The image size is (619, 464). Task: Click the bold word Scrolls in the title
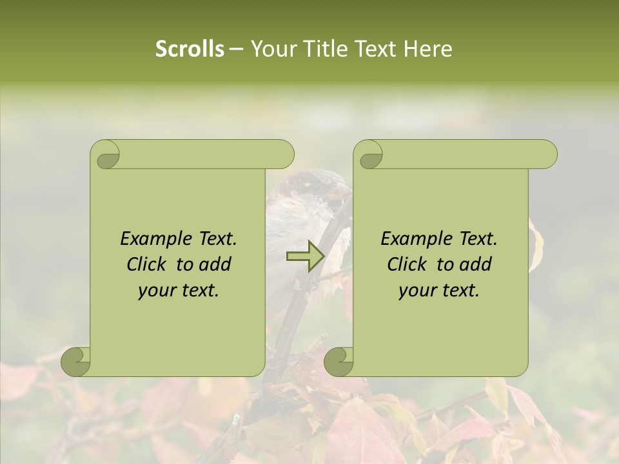point(190,49)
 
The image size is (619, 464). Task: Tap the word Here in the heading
point(427,49)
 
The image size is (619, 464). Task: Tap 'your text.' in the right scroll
point(439,290)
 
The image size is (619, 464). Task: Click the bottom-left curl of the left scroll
point(76,361)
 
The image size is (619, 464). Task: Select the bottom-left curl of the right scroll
point(339,361)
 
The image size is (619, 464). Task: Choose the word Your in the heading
point(271,49)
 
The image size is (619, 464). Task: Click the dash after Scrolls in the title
point(236,49)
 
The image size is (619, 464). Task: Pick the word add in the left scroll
point(216,264)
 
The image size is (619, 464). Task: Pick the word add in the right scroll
point(477,264)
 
